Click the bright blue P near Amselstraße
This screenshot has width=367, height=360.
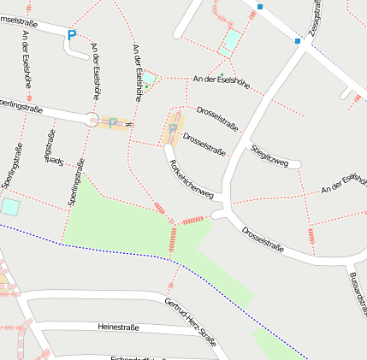pyautogui.click(x=71, y=35)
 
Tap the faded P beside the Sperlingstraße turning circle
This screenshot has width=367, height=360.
pyautogui.click(x=112, y=123)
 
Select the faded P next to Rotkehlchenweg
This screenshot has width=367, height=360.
pyautogui.click(x=173, y=129)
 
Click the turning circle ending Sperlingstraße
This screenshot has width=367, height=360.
pyautogui.click(x=92, y=120)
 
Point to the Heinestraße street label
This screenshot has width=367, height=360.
pyautogui.click(x=118, y=327)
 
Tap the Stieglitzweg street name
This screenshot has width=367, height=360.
pyautogui.click(x=275, y=156)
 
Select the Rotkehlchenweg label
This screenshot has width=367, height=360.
pyautogui.click(x=190, y=179)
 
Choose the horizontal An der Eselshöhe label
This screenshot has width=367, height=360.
pyautogui.click(x=221, y=82)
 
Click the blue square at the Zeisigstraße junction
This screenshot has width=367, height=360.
pyautogui.click(x=298, y=41)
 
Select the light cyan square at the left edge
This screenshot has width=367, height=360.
pyautogui.click(x=9, y=206)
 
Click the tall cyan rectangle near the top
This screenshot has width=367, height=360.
pyautogui.click(x=229, y=42)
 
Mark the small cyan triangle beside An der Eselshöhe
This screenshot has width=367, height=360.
pyautogui.click(x=148, y=79)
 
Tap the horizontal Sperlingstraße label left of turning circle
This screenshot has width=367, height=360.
pyautogui.click(x=21, y=109)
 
